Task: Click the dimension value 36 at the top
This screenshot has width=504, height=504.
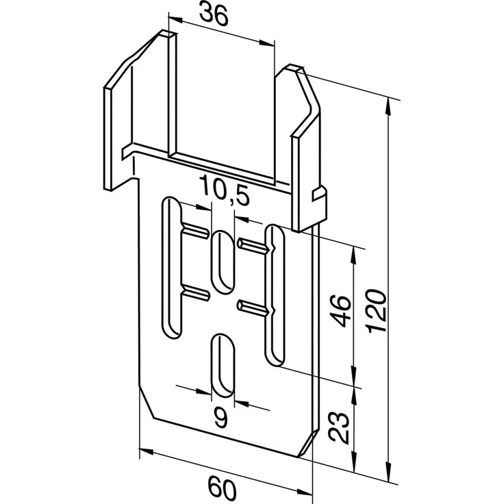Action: [214, 14]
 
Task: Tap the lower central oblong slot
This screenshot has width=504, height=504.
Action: [223, 366]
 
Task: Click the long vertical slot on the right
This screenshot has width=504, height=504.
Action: [273, 294]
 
